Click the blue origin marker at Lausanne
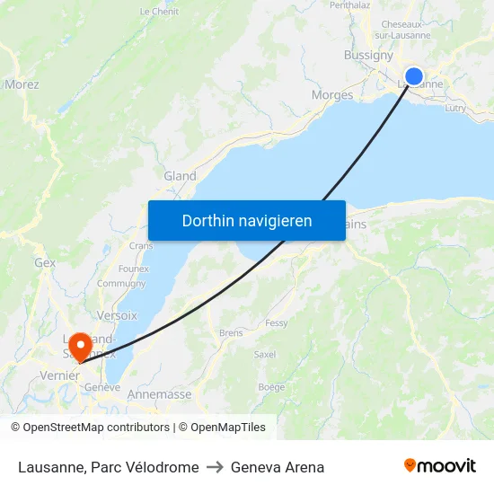coord(414,76)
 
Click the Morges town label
coord(331,94)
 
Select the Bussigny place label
coord(368,55)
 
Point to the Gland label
coord(180,176)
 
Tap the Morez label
coord(22,84)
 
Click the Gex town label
coord(45,263)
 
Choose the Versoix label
coord(117,315)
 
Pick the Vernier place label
coord(60,375)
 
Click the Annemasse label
coord(160,394)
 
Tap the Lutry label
coord(455,107)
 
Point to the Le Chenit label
coord(159,12)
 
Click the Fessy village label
coord(276,322)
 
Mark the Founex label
coord(133,269)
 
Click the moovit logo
coord(439,466)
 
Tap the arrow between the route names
coord(215,467)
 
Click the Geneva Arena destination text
coord(278,467)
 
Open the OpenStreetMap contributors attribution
coord(96,428)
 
